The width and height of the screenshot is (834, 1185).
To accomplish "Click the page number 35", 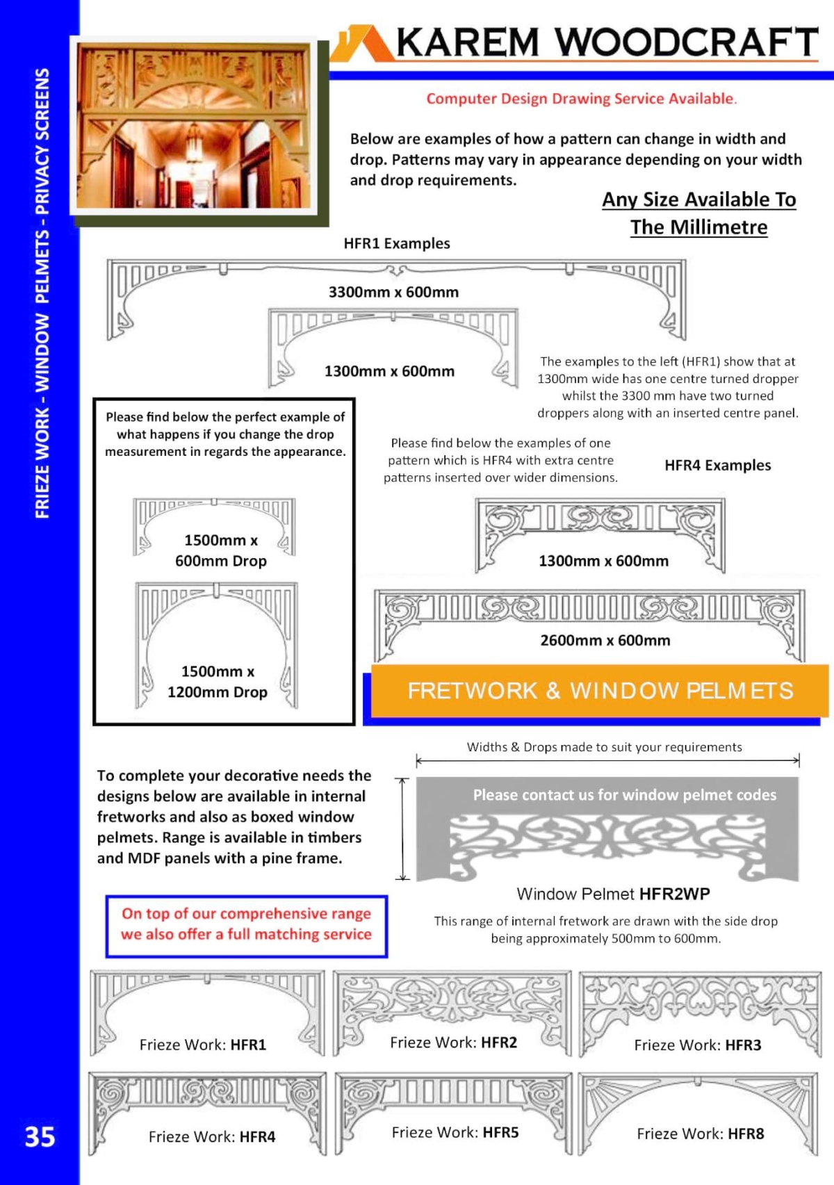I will coord(40,1137).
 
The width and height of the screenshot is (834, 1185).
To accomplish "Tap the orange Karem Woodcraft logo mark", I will coord(362,44).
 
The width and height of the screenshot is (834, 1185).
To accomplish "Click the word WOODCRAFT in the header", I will coord(687,42).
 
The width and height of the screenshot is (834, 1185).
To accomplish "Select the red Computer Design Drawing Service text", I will coord(581,99).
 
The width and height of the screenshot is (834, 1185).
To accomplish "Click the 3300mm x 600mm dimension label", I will coord(393,293).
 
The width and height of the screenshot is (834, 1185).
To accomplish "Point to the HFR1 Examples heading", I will coord(397,244).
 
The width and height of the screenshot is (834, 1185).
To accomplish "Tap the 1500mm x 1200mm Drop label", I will coord(218,682).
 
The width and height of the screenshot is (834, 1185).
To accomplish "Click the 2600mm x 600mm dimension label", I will coord(605,641).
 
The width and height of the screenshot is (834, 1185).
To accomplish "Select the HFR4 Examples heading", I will coord(717,466).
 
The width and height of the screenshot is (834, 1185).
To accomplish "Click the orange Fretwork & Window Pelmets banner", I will coord(600,691).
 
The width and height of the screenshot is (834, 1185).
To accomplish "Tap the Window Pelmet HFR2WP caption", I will coord(613,894).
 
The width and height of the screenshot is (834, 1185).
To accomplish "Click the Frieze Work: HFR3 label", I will coord(698,1045).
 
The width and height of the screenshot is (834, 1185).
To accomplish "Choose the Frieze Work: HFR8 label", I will coord(700,1134).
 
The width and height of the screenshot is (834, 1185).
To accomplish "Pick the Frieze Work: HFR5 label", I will coord(455,1133).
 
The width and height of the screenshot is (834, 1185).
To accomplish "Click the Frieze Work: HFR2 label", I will coord(453,1043).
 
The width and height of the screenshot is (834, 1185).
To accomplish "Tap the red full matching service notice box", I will coord(247,924).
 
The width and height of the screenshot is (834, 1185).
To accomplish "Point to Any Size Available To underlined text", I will coord(698,200).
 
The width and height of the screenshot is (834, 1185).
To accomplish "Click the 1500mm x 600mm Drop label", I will coord(220,550).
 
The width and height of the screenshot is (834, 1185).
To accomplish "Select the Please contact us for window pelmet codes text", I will coord(624,795).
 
